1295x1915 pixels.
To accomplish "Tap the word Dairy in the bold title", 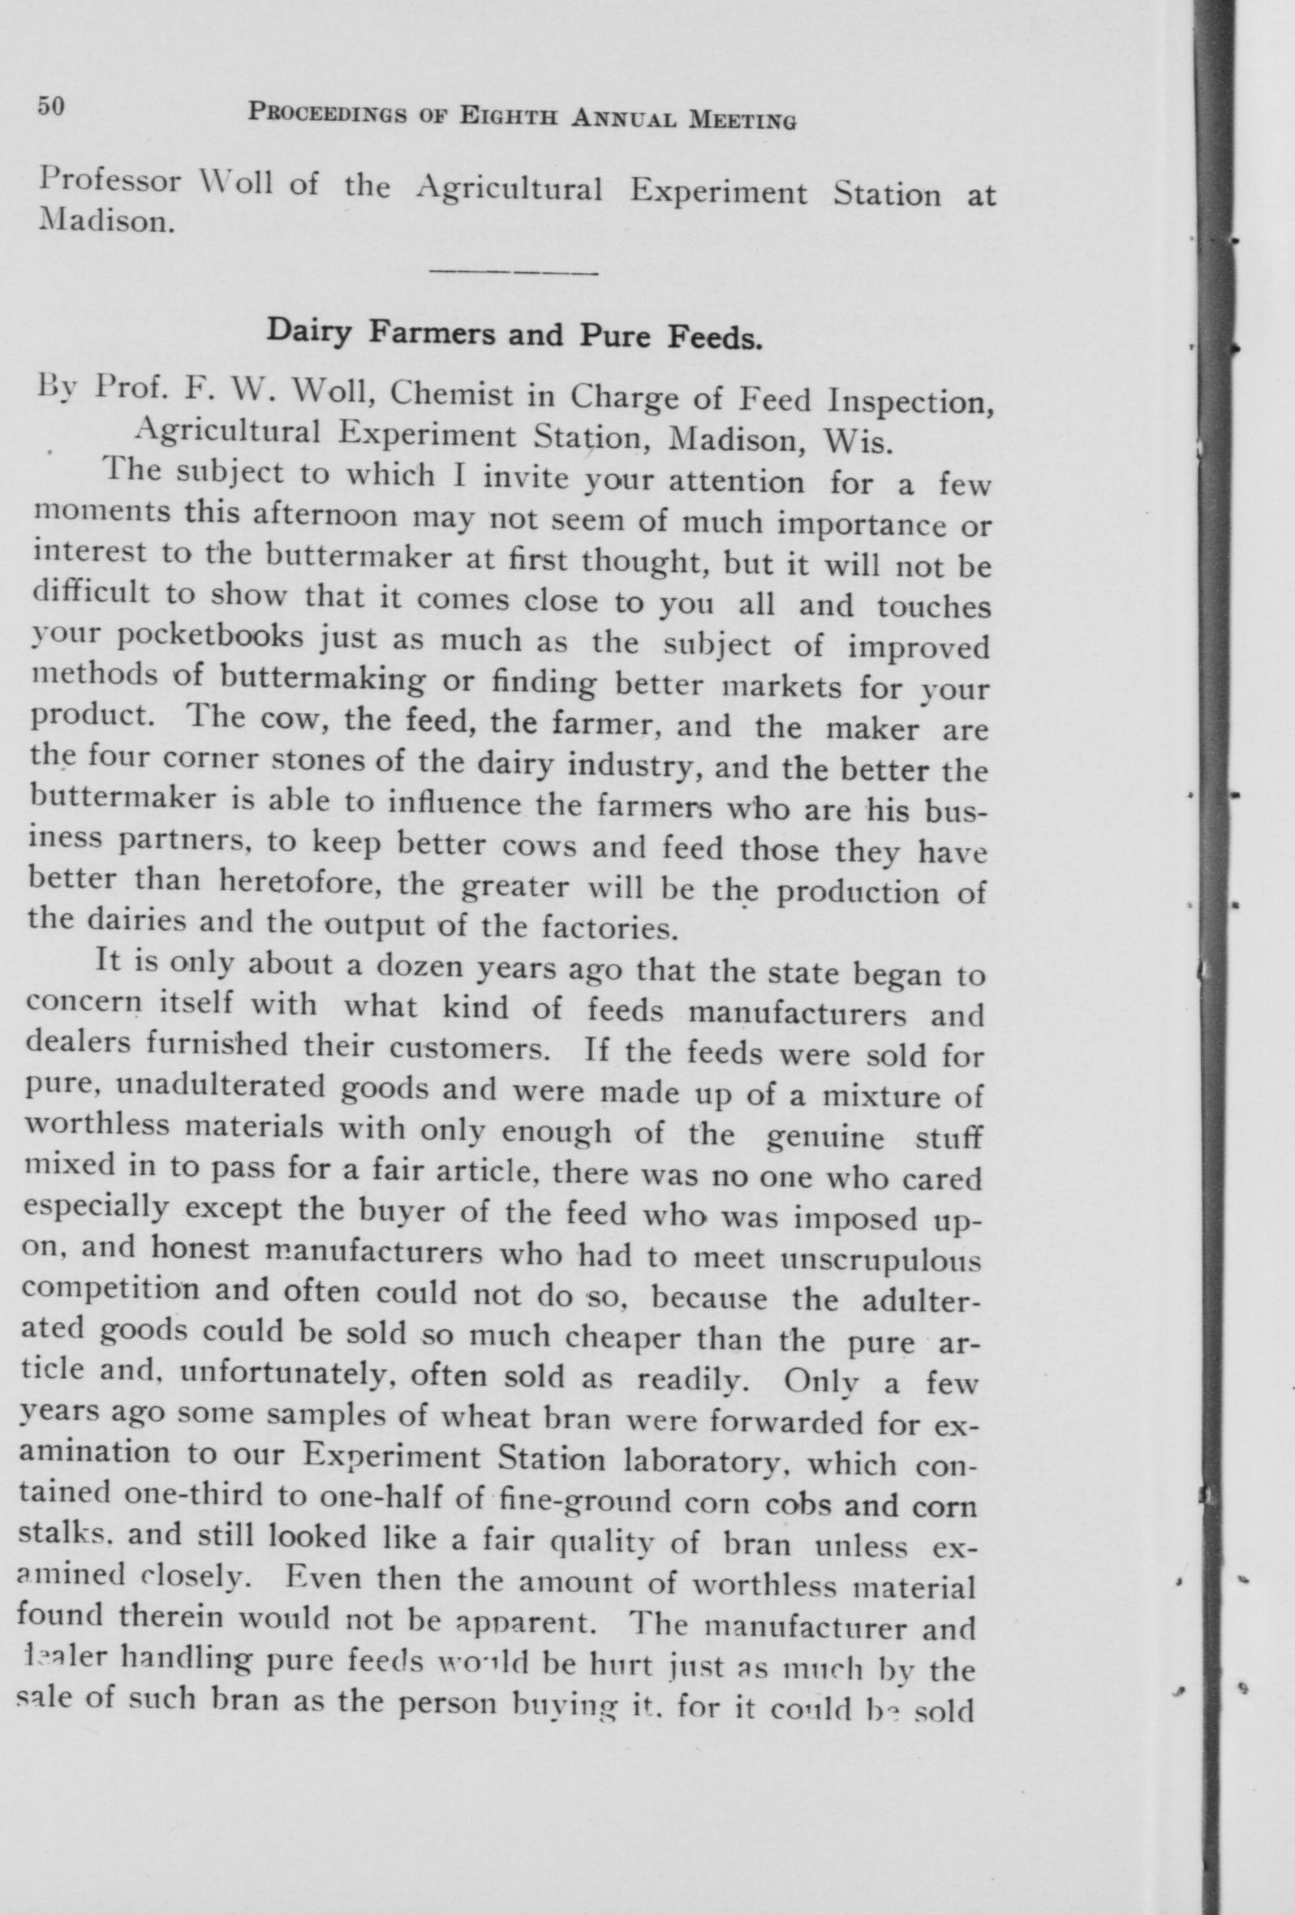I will (309, 330).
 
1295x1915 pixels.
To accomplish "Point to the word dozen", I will (420, 966).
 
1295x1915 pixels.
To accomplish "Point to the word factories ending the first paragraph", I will (609, 928).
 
